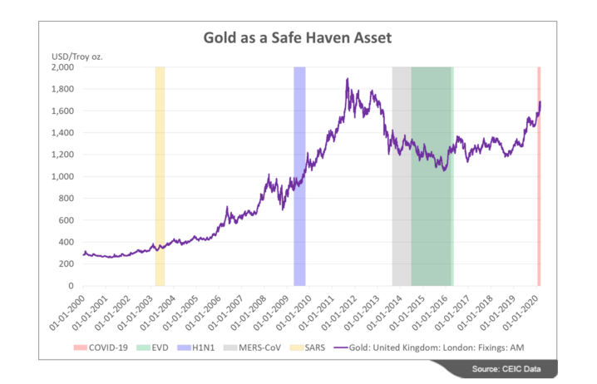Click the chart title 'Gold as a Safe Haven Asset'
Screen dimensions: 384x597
pos(298,37)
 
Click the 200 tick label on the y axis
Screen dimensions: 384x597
pos(68,264)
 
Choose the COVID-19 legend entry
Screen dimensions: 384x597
pos(131,348)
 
